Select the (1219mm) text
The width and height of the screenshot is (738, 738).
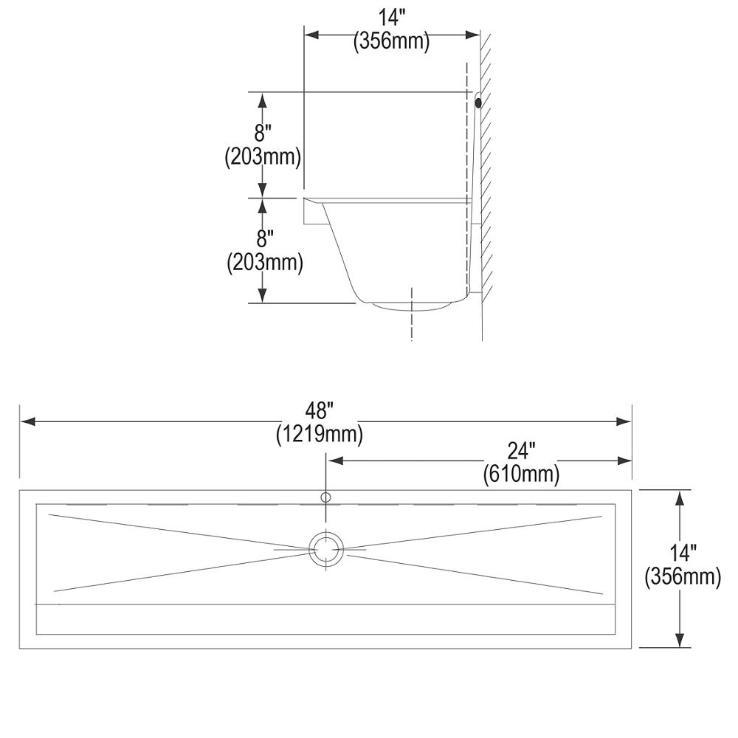click(320, 435)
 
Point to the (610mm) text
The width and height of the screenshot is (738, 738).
click(521, 473)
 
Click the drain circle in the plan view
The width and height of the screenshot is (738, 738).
click(325, 549)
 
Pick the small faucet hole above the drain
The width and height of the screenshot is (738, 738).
click(325, 497)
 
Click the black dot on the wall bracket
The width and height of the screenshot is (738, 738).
click(478, 103)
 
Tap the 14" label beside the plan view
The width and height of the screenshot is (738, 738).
click(683, 552)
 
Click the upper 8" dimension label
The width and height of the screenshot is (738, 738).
click(263, 134)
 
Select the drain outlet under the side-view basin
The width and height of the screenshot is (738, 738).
click(411, 304)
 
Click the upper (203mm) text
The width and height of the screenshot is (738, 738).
click(263, 157)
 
